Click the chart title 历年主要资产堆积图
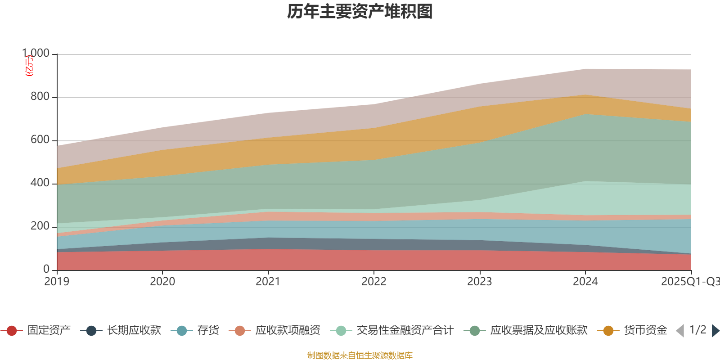tap(360, 12)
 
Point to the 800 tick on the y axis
tap(40, 97)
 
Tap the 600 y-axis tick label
tap(40, 140)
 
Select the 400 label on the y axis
tap(40, 183)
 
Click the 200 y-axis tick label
tap(40, 226)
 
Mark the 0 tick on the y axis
tap(46, 269)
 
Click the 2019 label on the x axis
tap(57, 282)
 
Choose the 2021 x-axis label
tap(268, 282)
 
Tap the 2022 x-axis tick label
tap(373, 282)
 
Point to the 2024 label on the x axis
tap(585, 282)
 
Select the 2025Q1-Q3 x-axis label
tap(690, 282)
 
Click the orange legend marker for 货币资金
tap(608, 331)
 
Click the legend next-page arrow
tap(715, 331)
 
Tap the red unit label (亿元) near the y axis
tap(29, 66)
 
